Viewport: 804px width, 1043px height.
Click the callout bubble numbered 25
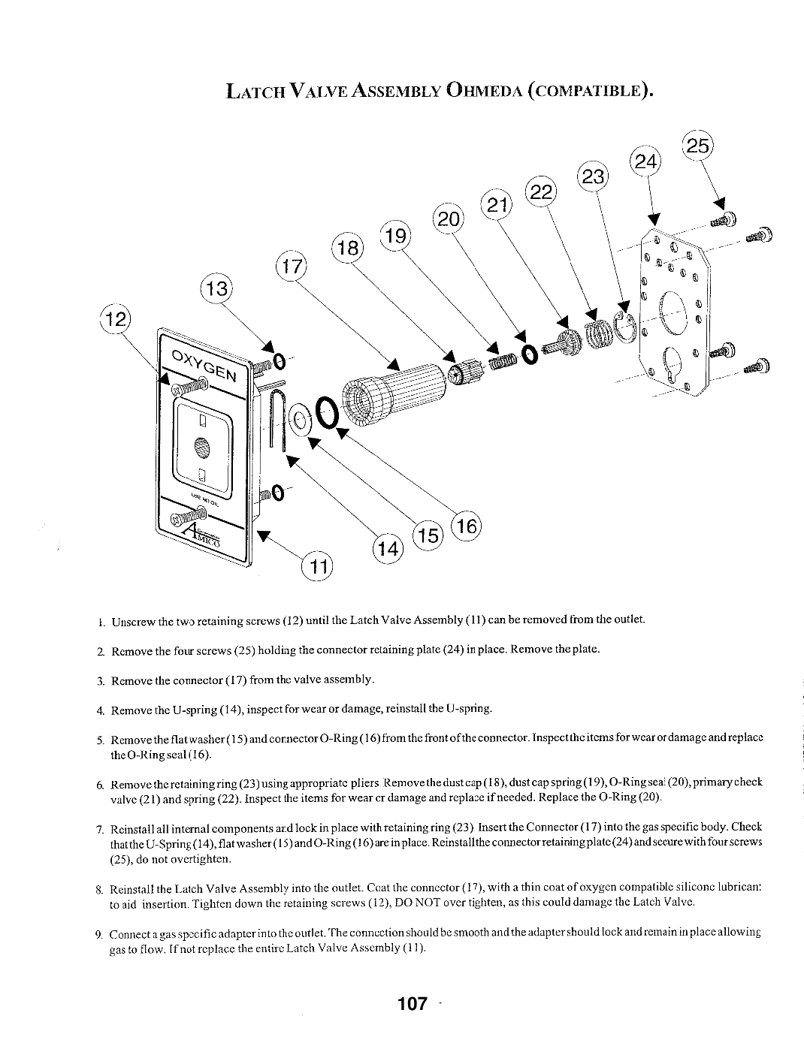point(698,146)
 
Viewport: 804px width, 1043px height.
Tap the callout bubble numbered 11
point(317,567)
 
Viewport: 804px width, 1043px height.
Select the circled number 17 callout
point(292,266)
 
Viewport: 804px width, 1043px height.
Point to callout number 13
point(216,289)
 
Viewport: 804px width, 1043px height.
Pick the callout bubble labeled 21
point(497,206)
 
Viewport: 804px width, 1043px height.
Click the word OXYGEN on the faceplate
point(204,365)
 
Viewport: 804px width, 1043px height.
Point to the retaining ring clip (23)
point(625,328)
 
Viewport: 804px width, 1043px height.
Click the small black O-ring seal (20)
point(529,355)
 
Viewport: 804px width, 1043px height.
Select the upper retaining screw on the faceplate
point(191,385)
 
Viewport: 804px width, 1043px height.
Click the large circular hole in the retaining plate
point(674,312)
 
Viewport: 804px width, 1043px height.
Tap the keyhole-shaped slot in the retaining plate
point(671,364)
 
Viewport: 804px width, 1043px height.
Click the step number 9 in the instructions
point(98,934)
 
